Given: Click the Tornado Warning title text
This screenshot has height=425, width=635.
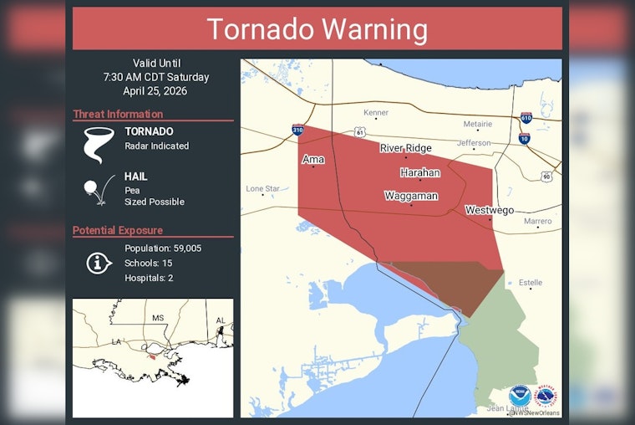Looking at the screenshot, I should point(317,29).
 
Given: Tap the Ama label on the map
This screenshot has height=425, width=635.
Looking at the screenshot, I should point(313,158).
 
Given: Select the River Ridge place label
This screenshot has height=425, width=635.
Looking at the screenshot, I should point(405,148).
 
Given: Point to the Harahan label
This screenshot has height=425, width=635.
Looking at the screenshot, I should point(419,172).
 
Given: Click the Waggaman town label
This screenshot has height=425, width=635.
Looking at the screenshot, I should point(411,196).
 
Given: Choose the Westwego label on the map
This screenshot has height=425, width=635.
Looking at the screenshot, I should point(489,210).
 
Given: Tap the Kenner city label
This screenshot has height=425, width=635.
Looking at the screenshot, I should point(376,113).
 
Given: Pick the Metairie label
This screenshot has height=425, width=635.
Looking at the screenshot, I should point(478,124).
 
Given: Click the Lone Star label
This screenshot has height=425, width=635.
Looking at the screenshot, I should point(262,189).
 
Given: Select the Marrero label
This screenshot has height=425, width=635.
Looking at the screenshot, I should point(537,222).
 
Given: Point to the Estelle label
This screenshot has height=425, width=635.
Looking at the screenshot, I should point(530,283).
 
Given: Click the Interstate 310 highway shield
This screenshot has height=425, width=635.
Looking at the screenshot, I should point(298,130).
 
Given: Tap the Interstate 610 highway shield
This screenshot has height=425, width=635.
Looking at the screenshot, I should point(526,120).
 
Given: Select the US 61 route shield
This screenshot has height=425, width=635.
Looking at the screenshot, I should point(359,132).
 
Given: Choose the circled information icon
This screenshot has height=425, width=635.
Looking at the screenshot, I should point(99,263).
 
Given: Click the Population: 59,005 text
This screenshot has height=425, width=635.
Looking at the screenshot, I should point(163,248).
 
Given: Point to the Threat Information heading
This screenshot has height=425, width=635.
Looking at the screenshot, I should point(118,115).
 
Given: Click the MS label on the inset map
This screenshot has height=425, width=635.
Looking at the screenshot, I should point(158,319).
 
